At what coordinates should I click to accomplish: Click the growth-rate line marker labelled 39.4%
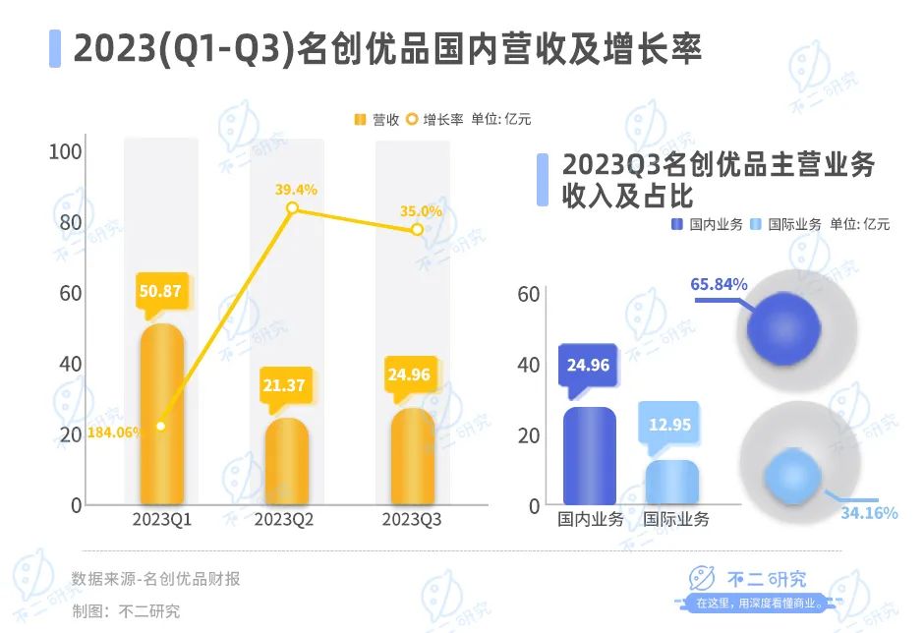coord(292,207)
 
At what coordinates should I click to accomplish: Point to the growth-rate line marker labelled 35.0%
coord(417,229)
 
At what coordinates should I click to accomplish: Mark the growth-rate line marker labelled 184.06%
coord(161,426)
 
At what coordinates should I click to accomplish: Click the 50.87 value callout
coord(161,292)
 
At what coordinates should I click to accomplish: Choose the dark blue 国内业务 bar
coord(590,456)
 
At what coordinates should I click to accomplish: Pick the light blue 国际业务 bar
coord(672,483)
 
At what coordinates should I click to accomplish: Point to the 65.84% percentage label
coord(720,284)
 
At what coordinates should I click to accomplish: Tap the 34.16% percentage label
coord(869,512)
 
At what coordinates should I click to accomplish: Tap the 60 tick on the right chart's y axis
coord(529,293)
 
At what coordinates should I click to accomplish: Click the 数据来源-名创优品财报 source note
coord(155,579)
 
